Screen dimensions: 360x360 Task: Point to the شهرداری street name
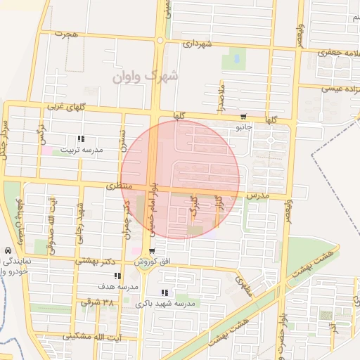[197, 44]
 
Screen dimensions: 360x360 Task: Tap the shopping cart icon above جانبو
[243, 117]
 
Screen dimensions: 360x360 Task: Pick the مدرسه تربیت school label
[80, 150]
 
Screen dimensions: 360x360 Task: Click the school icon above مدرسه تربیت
[80, 139]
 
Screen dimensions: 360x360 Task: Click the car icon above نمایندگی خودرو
[7, 250]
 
